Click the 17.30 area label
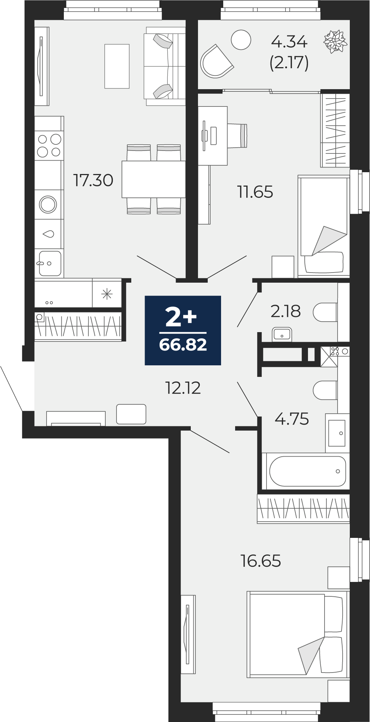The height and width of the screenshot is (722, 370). tap(93, 180)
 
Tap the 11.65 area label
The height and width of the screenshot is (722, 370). tap(255, 192)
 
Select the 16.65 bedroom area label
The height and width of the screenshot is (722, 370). tap(261, 561)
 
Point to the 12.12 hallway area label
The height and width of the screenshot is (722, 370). tap(183, 388)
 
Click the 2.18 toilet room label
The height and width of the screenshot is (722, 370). tap(286, 311)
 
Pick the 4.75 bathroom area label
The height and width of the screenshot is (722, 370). tap(292, 419)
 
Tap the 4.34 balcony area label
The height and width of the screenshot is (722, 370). tap(289, 42)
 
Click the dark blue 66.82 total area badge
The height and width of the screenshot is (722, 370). tap(183, 330)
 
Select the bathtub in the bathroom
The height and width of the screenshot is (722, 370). tap(308, 471)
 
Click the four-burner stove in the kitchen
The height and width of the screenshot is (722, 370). tap(49, 145)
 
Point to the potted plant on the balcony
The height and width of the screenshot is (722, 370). tap(335, 42)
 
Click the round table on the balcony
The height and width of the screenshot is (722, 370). tap(241, 40)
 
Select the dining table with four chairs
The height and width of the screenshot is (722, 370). tap(154, 179)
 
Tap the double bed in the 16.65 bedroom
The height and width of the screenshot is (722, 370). tap(297, 634)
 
